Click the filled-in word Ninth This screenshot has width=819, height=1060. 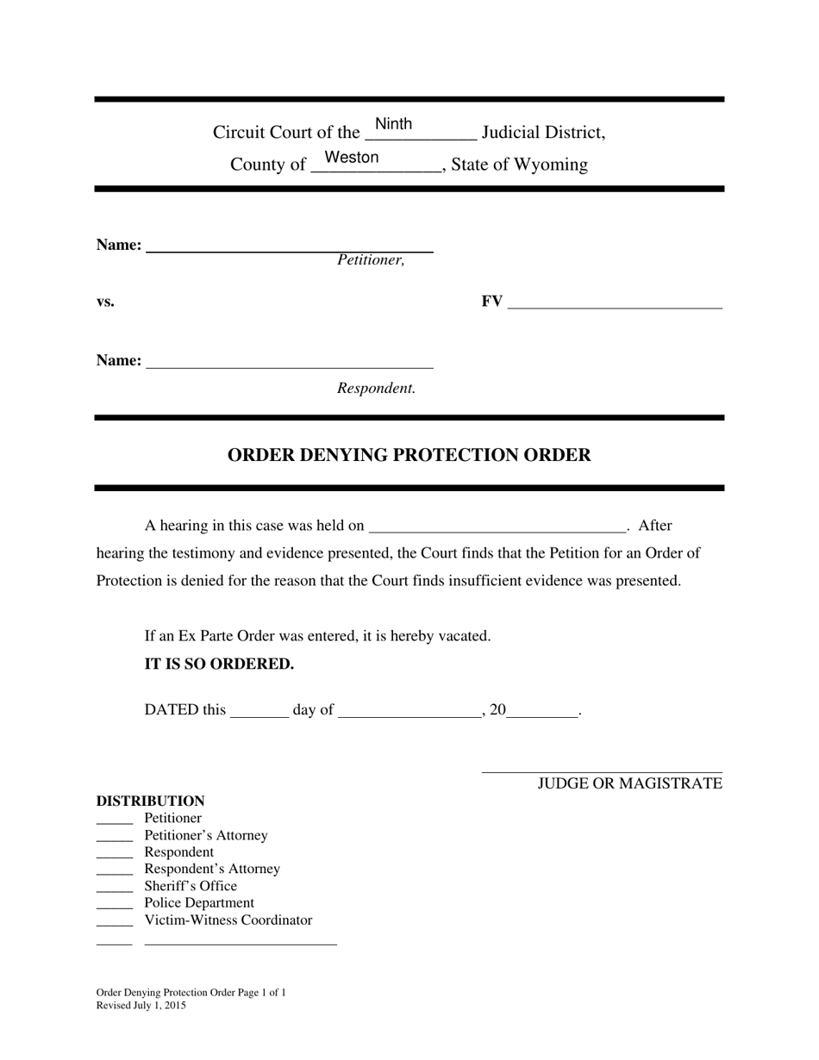[393, 125]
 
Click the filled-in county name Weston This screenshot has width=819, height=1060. [351, 158]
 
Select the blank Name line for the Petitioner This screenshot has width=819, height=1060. [290, 246]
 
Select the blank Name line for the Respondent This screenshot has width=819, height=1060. [290, 362]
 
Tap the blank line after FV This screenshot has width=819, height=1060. [615, 302]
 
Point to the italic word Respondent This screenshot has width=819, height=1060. [376, 389]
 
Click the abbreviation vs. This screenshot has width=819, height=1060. [105, 302]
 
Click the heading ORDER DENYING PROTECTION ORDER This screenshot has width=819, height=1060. [409, 455]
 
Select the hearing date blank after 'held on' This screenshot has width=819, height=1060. [497, 527]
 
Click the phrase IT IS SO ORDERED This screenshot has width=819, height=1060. [219, 664]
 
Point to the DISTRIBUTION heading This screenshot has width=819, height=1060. [150, 801]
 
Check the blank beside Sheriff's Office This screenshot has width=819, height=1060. [115, 887]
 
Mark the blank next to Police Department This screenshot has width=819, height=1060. [115, 904]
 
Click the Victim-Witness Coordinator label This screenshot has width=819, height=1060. [228, 920]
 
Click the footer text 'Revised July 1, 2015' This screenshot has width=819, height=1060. [141, 1006]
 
